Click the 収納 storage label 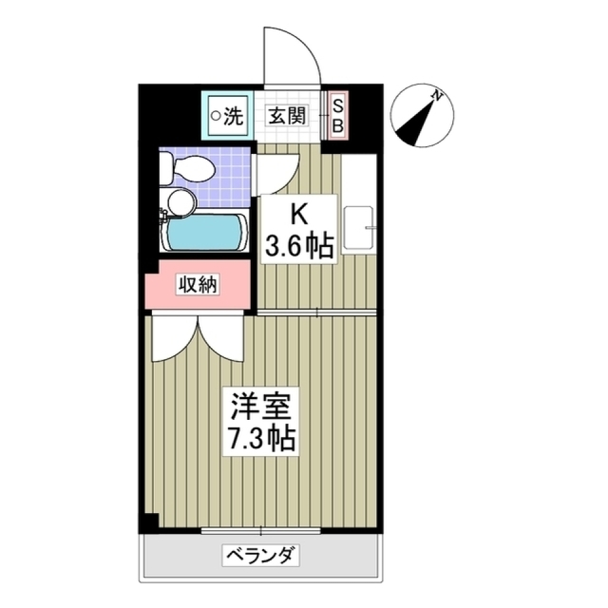coord(197,286)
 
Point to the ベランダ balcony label coord(260,555)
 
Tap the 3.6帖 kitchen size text coord(298,246)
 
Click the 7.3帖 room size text coord(260,438)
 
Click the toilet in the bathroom coord(186,168)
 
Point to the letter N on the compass coord(436,96)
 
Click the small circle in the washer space coord(216,116)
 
